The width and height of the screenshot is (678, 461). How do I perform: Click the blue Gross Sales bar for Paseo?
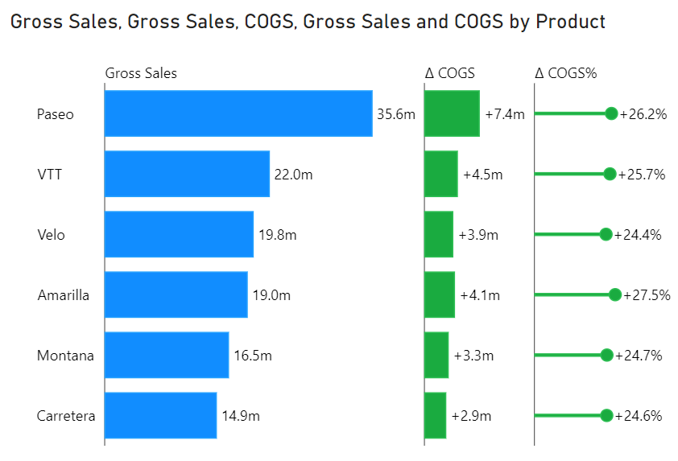click(238, 113)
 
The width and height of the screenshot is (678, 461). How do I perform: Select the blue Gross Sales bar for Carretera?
click(160, 415)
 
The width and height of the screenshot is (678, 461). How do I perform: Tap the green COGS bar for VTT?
click(441, 174)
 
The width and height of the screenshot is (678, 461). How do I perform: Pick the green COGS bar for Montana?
click(436, 355)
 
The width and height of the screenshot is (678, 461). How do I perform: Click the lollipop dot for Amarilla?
click(615, 295)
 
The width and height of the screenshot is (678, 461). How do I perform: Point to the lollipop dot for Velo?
click(606, 234)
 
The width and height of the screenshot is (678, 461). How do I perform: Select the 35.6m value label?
click(395, 114)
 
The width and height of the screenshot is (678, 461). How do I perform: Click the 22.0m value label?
click(293, 175)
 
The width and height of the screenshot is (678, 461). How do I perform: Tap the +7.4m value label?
click(505, 114)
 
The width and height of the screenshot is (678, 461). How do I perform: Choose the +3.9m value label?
click(478, 235)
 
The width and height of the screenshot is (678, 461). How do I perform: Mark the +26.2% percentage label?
click(643, 114)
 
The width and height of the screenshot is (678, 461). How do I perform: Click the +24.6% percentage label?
click(639, 416)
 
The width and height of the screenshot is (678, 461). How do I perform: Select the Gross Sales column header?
click(141, 73)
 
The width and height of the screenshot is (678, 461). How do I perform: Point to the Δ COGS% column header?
click(565, 73)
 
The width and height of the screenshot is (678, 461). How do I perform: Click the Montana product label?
click(65, 356)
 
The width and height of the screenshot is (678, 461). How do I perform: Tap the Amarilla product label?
click(64, 295)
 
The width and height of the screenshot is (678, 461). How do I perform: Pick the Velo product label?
click(51, 235)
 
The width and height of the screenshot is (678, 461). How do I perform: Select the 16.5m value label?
click(253, 356)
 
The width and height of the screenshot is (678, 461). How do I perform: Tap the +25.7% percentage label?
click(642, 175)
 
